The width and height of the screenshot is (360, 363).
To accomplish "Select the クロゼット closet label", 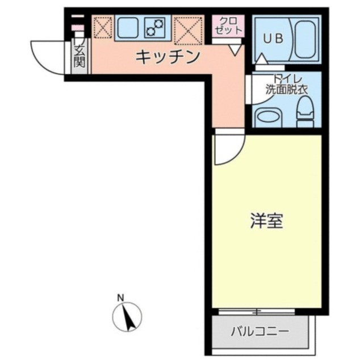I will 228,26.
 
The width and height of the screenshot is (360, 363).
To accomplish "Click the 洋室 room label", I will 266,221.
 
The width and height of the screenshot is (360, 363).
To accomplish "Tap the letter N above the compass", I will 120,298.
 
